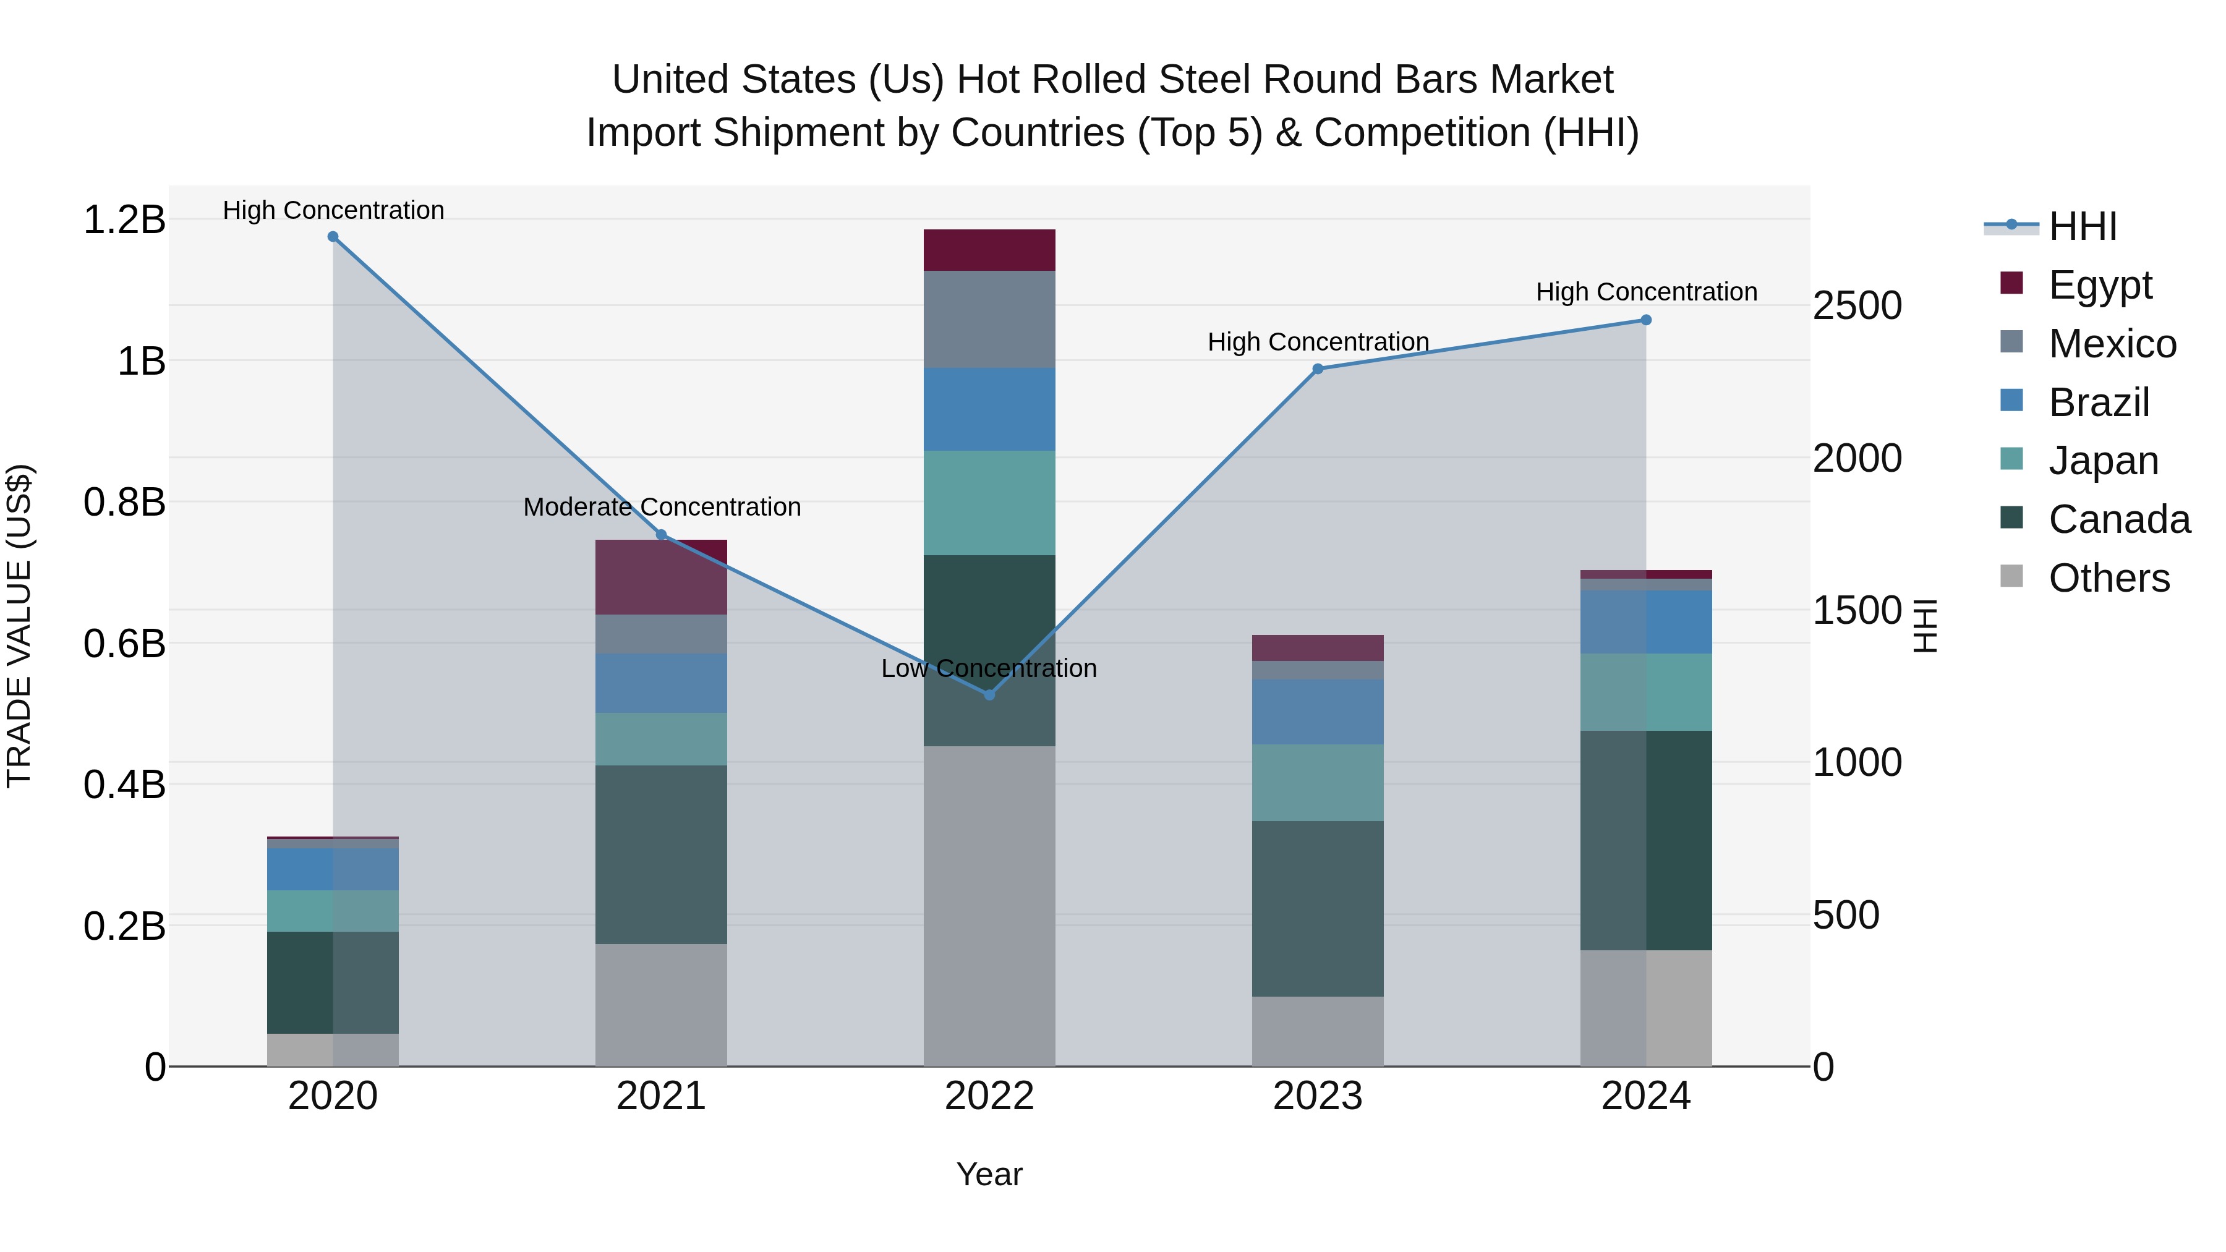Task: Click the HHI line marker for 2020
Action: point(333,237)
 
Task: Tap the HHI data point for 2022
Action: point(989,695)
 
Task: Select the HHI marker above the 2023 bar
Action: point(1318,369)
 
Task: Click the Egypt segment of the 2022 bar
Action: point(989,250)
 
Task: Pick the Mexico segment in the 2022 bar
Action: point(989,320)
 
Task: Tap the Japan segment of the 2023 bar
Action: point(1318,782)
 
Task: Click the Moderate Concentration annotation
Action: point(662,507)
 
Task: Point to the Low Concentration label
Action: point(989,669)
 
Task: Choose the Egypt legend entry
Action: point(2100,284)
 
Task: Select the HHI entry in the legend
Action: point(2083,226)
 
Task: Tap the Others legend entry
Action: point(2109,577)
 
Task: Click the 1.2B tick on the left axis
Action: point(124,219)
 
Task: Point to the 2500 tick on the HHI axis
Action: point(1857,306)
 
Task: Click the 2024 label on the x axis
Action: point(1645,1096)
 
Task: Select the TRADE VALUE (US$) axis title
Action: point(19,626)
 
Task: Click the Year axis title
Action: point(989,1174)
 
